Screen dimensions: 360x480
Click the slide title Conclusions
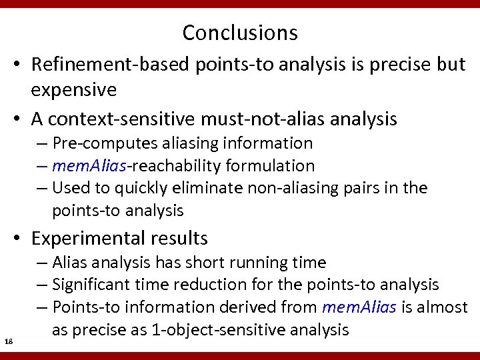point(240,32)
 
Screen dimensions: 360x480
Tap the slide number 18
point(9,342)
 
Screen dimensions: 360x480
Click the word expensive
point(74,89)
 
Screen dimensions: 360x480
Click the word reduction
point(213,285)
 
